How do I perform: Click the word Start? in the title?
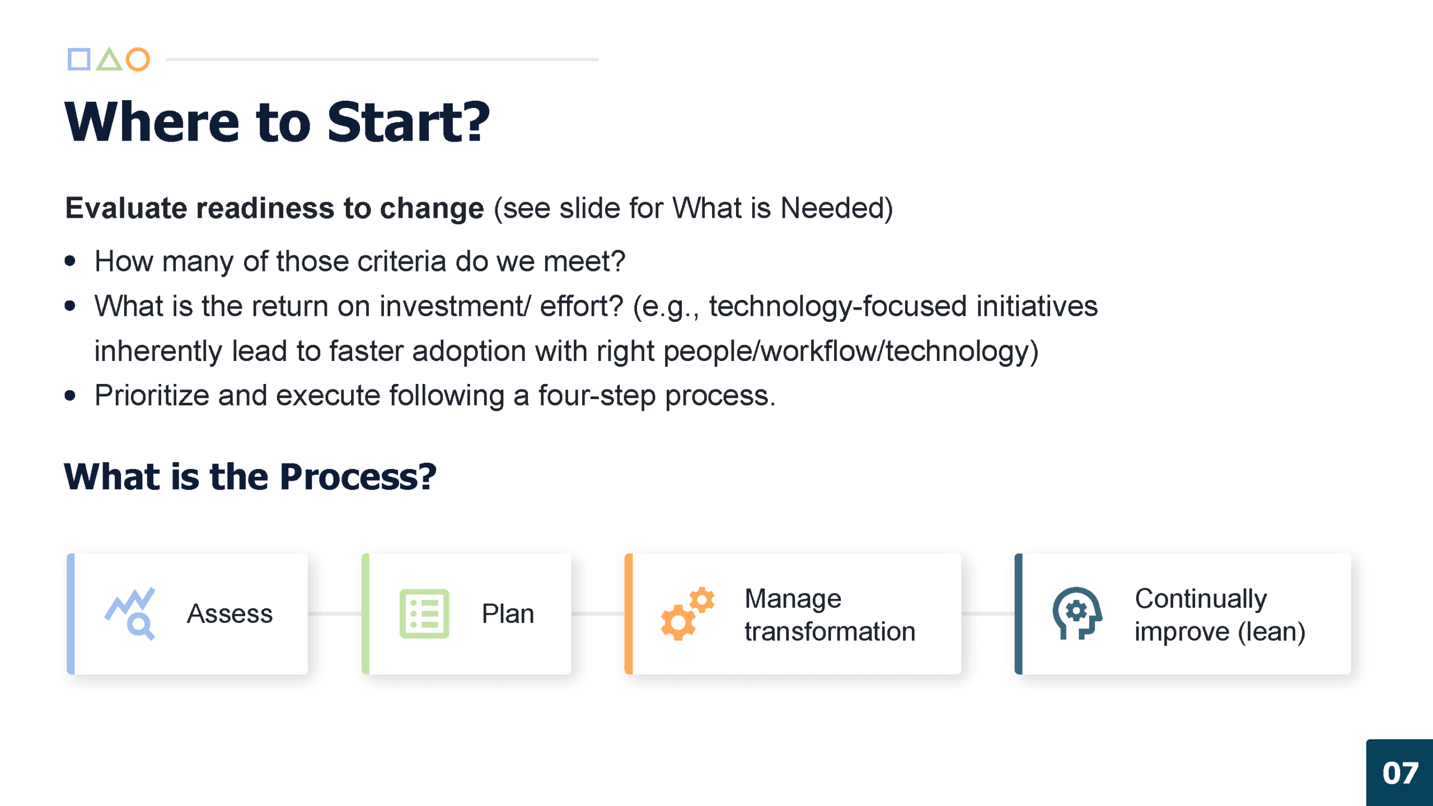pyautogui.click(x=408, y=122)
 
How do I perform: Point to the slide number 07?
pyautogui.click(x=1401, y=773)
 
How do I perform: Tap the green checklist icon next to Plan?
pyautogui.click(x=424, y=613)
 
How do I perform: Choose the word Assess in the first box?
pyautogui.click(x=230, y=613)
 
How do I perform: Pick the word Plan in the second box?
pyautogui.click(x=508, y=613)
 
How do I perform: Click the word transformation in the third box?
pyautogui.click(x=830, y=631)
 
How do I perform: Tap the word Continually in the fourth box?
pyautogui.click(x=1201, y=598)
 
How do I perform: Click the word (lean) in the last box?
pyautogui.click(x=1271, y=631)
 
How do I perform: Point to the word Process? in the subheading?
pyautogui.click(x=358, y=477)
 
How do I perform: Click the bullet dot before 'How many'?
pyautogui.click(x=70, y=261)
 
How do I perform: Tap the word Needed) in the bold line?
pyautogui.click(x=836, y=208)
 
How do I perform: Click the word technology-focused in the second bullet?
pyautogui.click(x=838, y=306)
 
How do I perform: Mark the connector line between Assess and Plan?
pyautogui.click(x=335, y=613)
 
